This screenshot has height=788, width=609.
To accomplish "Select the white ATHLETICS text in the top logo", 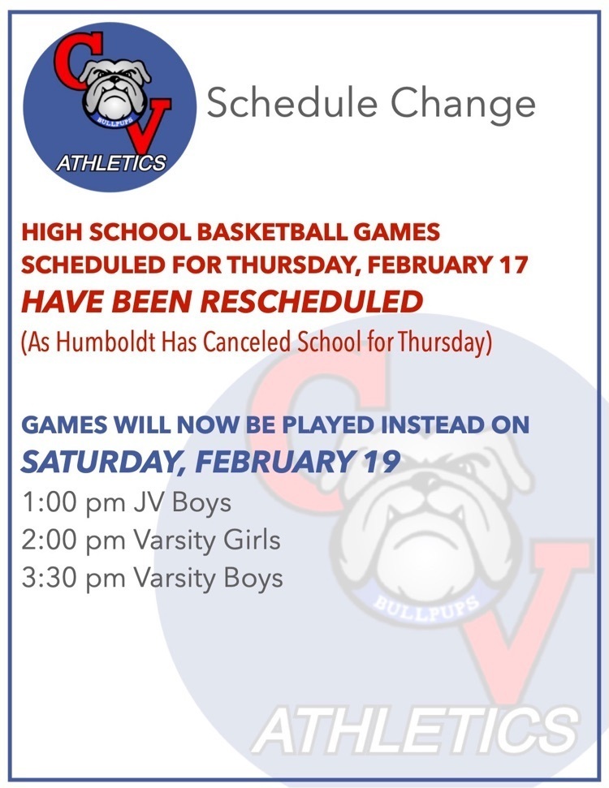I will pyautogui.click(x=110, y=163).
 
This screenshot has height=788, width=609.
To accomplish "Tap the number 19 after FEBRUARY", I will pyautogui.click(x=379, y=462).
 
